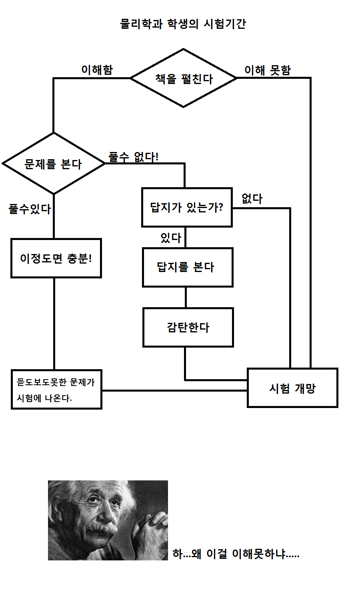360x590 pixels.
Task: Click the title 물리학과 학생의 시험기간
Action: point(183,24)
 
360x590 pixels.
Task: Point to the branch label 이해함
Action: point(97,70)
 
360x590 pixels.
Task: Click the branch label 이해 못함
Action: point(268,70)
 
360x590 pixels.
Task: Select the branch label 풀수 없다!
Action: point(133,157)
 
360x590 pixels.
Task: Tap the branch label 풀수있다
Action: point(30,209)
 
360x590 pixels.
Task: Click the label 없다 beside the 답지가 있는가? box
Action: point(252,198)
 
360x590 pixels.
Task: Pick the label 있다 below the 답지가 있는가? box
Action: point(171,238)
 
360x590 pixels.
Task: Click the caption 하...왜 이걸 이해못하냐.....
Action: point(236,554)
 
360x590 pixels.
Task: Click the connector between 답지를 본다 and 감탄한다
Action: point(186,297)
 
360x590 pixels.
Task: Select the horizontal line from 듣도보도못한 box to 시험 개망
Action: point(174,390)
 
